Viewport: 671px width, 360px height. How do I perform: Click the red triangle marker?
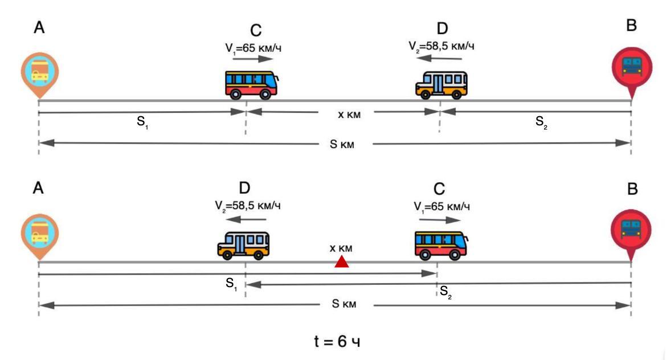[341, 261]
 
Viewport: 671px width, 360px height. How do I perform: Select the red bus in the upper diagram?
[252, 85]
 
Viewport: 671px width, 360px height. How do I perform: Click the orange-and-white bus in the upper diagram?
[441, 85]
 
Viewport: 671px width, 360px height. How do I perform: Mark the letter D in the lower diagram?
[245, 189]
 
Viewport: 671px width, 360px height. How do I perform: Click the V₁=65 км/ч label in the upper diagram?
[253, 48]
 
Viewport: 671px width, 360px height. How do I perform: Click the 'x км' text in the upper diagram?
[349, 114]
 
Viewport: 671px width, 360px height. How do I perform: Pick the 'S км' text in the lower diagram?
[343, 304]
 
